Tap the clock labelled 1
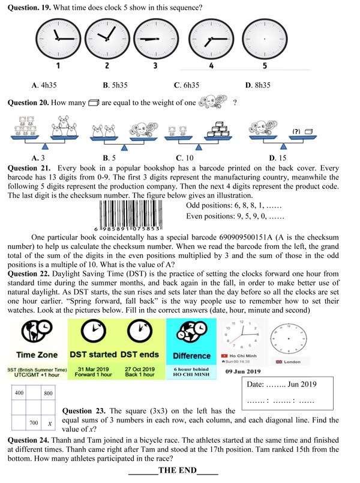click(58, 38)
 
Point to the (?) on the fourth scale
click(296, 131)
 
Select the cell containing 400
click(19, 393)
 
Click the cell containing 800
click(49, 393)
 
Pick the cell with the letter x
click(49, 424)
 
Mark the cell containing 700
click(34, 424)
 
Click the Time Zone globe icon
click(31, 334)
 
